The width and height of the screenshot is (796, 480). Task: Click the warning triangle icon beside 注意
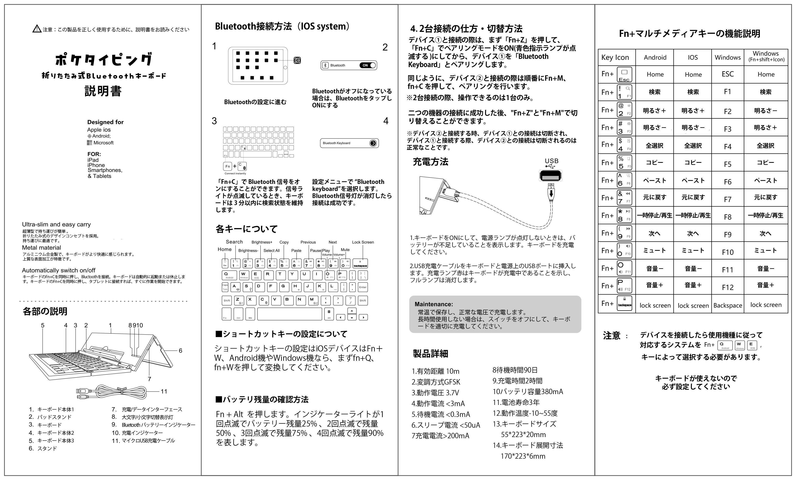(37, 29)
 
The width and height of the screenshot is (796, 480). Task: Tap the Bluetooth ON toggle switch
(368, 65)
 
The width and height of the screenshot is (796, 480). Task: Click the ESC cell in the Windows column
(727, 74)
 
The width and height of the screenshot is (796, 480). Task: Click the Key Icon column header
(615, 57)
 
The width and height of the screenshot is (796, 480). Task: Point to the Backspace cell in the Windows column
(727, 305)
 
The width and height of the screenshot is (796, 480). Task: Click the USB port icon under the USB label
(551, 176)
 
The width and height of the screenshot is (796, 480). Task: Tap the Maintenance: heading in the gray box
(433, 304)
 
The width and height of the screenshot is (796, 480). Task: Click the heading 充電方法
(430, 162)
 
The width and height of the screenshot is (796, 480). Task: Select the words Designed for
(105, 122)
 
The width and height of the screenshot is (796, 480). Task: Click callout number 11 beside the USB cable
(164, 392)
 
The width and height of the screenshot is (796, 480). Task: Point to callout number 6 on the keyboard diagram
(180, 350)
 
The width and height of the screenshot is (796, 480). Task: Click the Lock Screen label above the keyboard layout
(363, 242)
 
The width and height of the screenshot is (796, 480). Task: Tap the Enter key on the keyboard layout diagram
(363, 287)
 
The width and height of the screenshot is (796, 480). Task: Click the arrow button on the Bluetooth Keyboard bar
(373, 143)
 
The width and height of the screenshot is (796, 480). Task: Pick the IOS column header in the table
(693, 57)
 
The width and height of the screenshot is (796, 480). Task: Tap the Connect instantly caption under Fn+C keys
(235, 173)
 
